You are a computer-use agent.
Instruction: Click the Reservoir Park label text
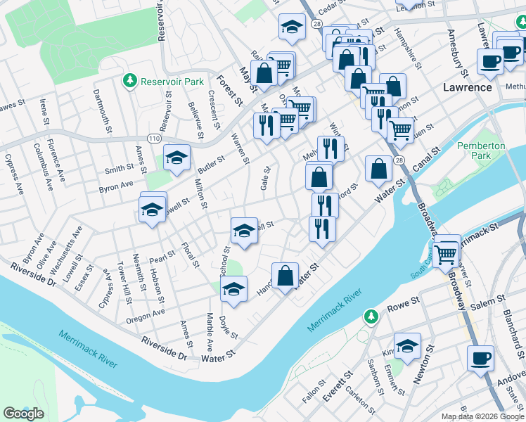(x=172, y=82)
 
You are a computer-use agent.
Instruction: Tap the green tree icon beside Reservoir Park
(x=129, y=82)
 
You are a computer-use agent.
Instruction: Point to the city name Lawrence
(x=467, y=87)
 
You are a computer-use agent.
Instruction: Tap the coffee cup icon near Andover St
(x=481, y=358)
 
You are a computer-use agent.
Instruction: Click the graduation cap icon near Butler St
(x=177, y=158)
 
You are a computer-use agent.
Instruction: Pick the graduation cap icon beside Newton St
(x=407, y=345)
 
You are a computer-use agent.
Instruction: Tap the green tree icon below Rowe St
(x=371, y=319)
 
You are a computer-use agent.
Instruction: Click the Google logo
(x=23, y=413)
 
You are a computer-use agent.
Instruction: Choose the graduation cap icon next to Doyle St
(x=234, y=289)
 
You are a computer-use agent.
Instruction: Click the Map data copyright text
(x=483, y=416)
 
